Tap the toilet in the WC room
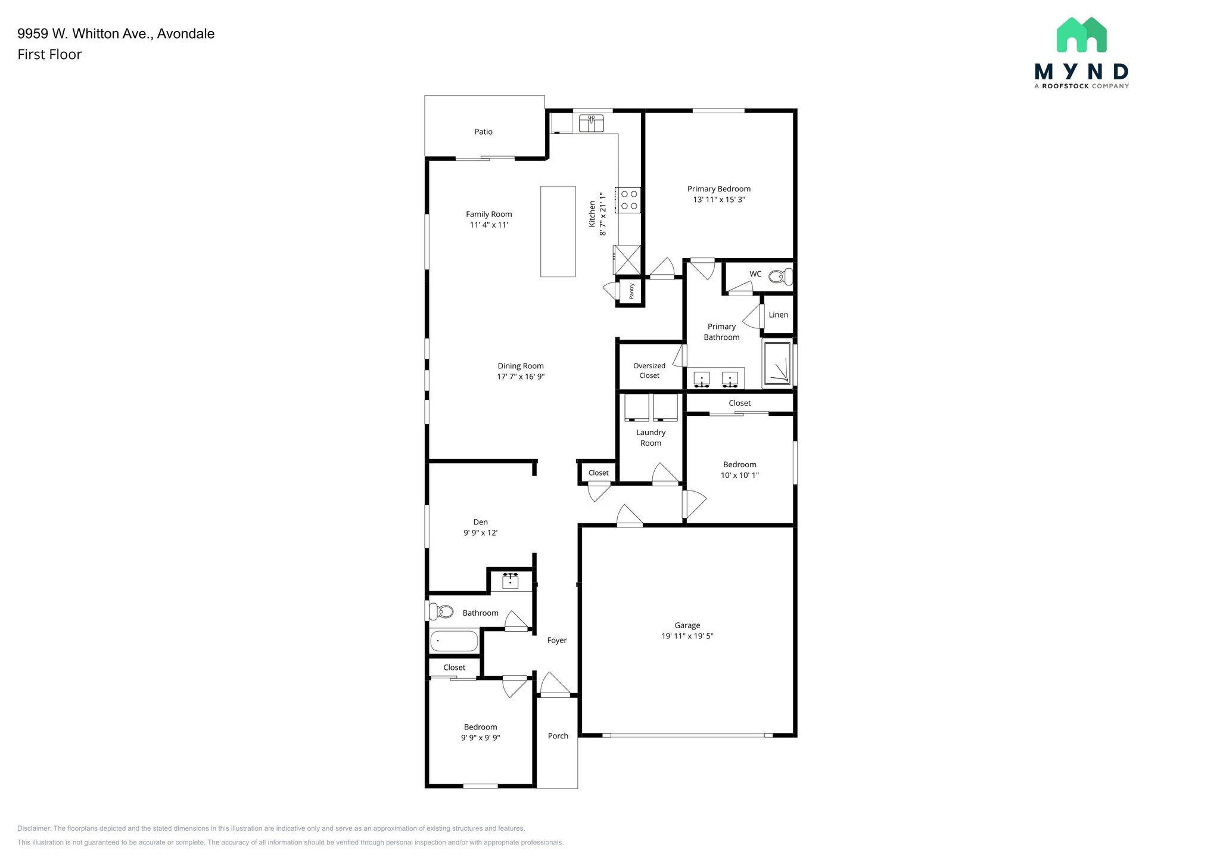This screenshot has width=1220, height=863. pyautogui.click(x=780, y=277)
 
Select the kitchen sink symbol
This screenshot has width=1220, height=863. pyautogui.click(x=591, y=123)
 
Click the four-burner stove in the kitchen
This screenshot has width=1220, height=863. pyautogui.click(x=629, y=200)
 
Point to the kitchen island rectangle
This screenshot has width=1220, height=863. pyautogui.click(x=558, y=231)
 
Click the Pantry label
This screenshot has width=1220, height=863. pyautogui.click(x=631, y=291)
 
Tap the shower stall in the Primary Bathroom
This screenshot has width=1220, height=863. pyautogui.click(x=777, y=363)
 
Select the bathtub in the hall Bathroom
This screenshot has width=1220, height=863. pyautogui.click(x=454, y=641)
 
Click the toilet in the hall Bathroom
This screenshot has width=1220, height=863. pyautogui.click(x=441, y=611)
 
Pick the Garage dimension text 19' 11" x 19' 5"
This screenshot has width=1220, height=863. pyautogui.click(x=687, y=636)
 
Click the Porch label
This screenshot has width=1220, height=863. pyautogui.click(x=558, y=736)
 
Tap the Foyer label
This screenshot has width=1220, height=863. pyautogui.click(x=557, y=640)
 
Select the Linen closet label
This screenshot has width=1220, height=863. pyautogui.click(x=778, y=315)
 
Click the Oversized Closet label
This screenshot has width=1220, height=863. pyautogui.click(x=649, y=371)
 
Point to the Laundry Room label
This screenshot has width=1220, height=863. pyautogui.click(x=651, y=437)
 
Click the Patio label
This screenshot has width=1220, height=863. pyautogui.click(x=483, y=132)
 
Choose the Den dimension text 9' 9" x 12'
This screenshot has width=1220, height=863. pyautogui.click(x=480, y=533)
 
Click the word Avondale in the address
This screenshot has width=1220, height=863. pyautogui.click(x=185, y=34)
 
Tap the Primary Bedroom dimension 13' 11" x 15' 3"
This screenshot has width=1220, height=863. pyautogui.click(x=718, y=200)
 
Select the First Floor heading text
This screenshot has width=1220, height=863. pyautogui.click(x=49, y=55)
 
